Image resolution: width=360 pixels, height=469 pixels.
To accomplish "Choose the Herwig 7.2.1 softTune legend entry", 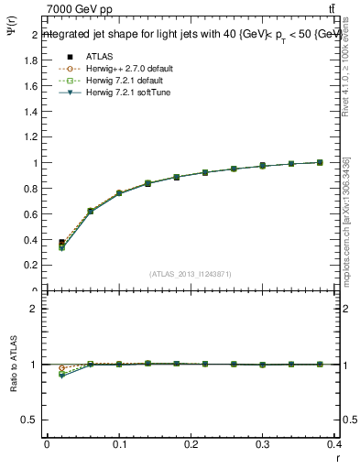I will pos(108,93).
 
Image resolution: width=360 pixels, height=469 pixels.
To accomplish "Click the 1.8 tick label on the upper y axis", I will pos(29,61).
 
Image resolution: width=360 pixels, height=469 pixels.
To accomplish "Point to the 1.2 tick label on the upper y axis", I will pos(29,138).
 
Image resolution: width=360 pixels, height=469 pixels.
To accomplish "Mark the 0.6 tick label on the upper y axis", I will pos(29,214).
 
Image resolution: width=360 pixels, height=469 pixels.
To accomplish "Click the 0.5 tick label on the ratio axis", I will pos(29,420).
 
